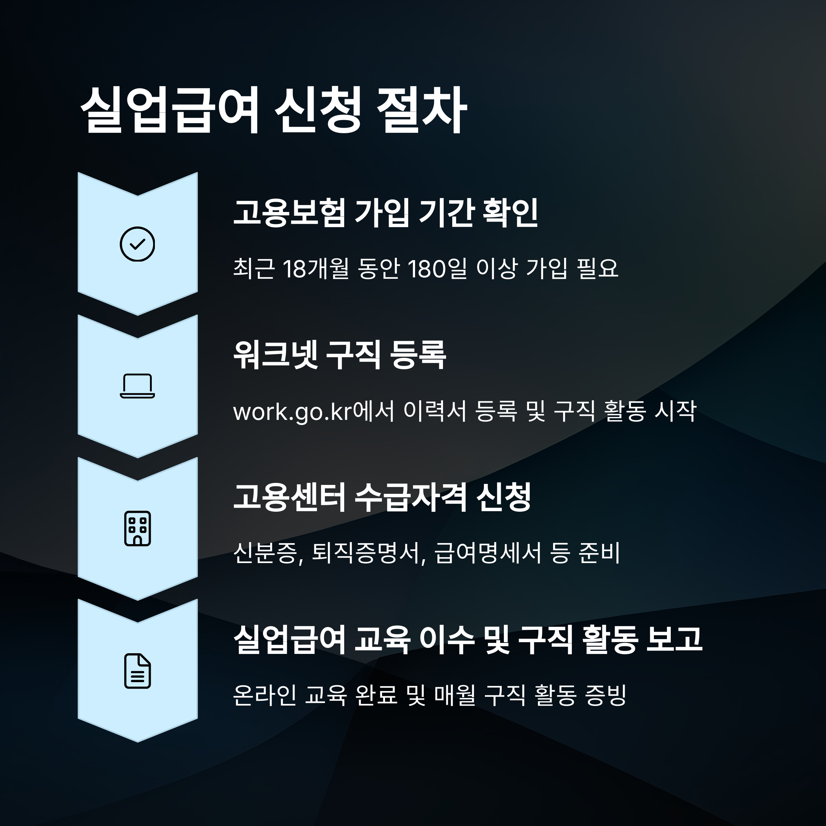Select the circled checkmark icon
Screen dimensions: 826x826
[x=137, y=244]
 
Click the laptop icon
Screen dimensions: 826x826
[x=137, y=386]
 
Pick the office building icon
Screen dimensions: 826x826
[x=137, y=528]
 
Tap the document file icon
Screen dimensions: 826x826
[x=137, y=671]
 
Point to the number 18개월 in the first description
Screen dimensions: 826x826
[x=316, y=269]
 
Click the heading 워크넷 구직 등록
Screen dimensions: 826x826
[x=339, y=355]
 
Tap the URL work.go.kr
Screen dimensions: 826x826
[x=292, y=412]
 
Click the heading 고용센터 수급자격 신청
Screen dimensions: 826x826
[x=382, y=497]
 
